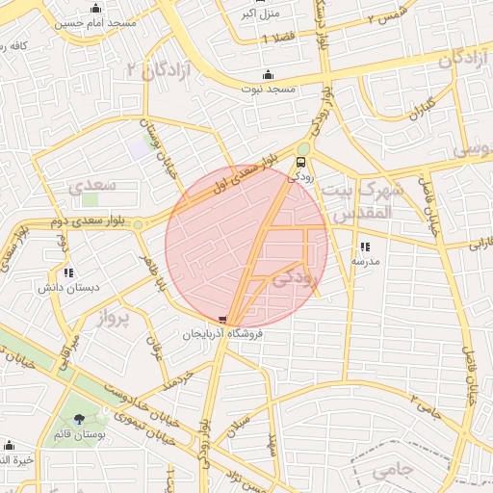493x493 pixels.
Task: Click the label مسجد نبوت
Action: [269, 89]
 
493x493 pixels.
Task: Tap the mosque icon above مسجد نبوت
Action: [268, 75]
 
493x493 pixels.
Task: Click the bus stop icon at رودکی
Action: [303, 162]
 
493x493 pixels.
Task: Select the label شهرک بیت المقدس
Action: [355, 201]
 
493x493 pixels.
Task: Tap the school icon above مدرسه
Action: [365, 246]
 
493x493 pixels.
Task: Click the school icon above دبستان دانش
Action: [68, 273]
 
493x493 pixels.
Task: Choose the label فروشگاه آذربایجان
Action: [224, 333]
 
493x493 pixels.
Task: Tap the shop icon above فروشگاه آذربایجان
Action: [224, 320]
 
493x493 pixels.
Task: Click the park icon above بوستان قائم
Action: [79, 420]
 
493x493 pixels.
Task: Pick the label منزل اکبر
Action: [260, 14]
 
